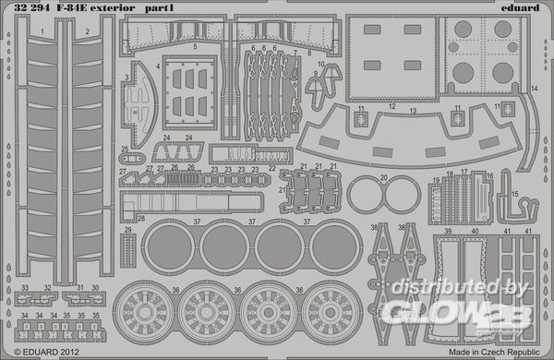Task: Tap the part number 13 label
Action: coord(413,111)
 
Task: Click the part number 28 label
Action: coord(141,219)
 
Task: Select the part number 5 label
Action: coord(194,45)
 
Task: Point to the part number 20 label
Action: coord(381,178)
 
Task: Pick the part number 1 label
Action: coord(43,31)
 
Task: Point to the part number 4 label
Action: coord(158,66)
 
